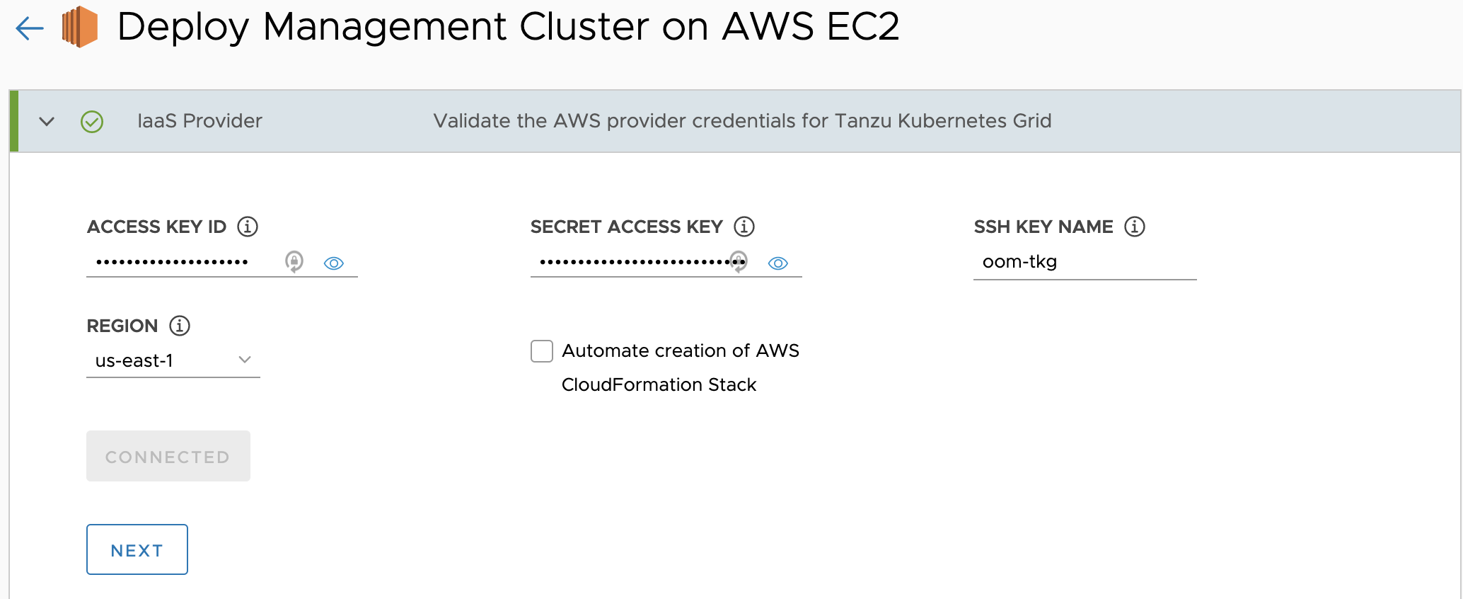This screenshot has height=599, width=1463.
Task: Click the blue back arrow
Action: (x=30, y=28)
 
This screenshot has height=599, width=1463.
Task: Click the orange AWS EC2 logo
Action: (x=80, y=27)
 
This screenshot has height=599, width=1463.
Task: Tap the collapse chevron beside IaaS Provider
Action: (x=47, y=121)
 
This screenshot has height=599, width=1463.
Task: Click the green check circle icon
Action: (x=92, y=122)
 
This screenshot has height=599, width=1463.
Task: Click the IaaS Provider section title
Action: (x=199, y=121)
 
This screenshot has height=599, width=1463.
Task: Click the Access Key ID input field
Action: (x=184, y=263)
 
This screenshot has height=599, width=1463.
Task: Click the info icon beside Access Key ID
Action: (x=248, y=227)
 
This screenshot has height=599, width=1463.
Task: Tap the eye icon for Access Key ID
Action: (x=334, y=263)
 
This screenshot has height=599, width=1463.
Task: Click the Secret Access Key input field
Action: (x=633, y=263)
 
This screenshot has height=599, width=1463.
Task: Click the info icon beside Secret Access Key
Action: (x=744, y=227)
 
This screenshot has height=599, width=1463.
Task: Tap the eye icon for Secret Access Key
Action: (x=778, y=263)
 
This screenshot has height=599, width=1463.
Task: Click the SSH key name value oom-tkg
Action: (x=1019, y=262)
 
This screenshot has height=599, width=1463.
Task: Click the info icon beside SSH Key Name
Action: (x=1135, y=227)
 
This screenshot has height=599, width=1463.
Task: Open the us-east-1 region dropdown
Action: (x=173, y=360)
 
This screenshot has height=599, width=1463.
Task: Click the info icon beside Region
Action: (x=180, y=326)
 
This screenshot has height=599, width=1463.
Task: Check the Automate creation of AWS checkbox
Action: (x=542, y=351)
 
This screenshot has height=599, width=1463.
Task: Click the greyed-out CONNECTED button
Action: (x=168, y=456)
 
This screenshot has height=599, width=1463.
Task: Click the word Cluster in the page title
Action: (x=584, y=27)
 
